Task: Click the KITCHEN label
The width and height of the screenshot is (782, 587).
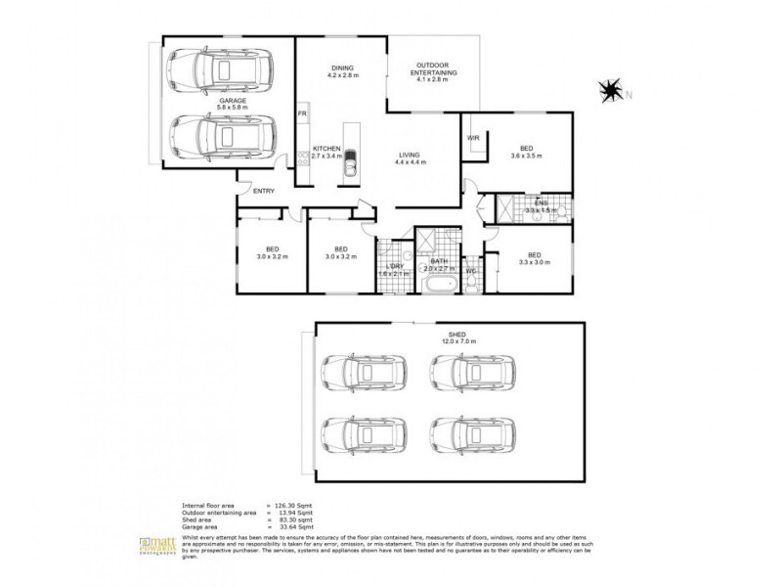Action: (x=326, y=149)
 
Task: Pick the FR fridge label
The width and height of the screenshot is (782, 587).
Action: (x=303, y=115)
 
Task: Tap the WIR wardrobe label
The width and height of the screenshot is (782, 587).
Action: (x=474, y=138)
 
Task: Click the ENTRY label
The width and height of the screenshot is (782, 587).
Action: (x=264, y=191)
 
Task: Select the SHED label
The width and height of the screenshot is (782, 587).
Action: (x=454, y=333)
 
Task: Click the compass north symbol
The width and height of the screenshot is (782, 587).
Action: (x=611, y=92)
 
